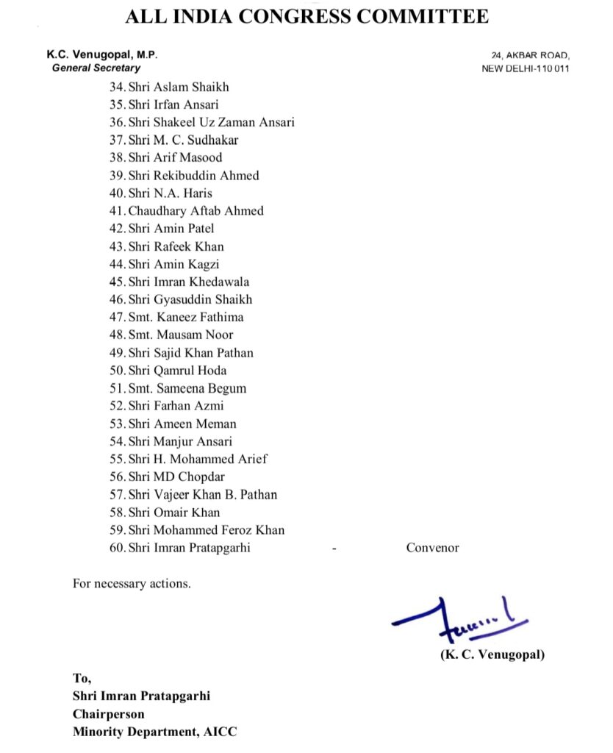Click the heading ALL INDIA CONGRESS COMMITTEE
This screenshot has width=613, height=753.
point(306,16)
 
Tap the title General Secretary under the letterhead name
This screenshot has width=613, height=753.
point(96,68)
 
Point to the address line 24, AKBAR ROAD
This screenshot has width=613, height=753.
point(531,55)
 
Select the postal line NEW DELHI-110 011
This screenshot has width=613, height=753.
point(526,69)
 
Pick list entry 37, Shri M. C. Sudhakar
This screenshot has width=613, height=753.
point(183,140)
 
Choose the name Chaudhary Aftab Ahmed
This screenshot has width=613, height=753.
point(196,211)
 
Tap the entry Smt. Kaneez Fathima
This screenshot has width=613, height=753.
point(186,317)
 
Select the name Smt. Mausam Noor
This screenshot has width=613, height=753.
point(181,335)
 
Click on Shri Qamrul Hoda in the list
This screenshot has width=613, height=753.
point(177,371)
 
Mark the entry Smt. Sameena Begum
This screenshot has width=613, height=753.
point(187,388)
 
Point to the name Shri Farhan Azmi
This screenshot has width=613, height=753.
point(176,406)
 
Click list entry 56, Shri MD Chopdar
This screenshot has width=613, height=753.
point(176,477)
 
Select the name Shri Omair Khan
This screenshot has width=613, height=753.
point(174,513)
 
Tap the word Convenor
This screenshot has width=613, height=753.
point(432,548)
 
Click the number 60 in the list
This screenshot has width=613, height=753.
point(116,548)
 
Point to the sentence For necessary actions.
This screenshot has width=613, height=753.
point(132,584)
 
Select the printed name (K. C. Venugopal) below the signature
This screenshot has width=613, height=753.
point(492,654)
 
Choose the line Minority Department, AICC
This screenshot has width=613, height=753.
point(155,732)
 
